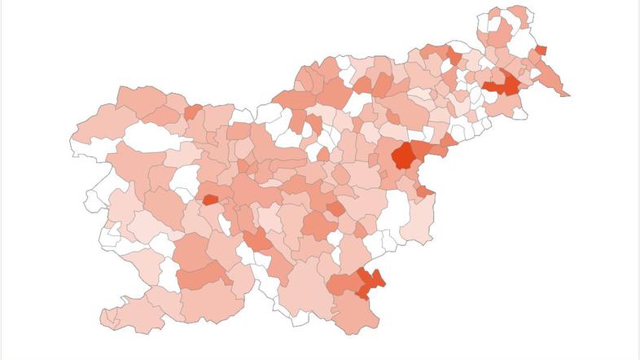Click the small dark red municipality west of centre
pos(210,199)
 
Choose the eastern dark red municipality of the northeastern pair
pos(510,84)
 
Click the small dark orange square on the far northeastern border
pos(541,50)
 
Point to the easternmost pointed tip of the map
pos(568,95)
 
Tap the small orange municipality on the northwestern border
pos(193,112)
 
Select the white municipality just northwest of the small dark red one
pos(186,180)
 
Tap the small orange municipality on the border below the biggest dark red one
pos(424,191)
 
